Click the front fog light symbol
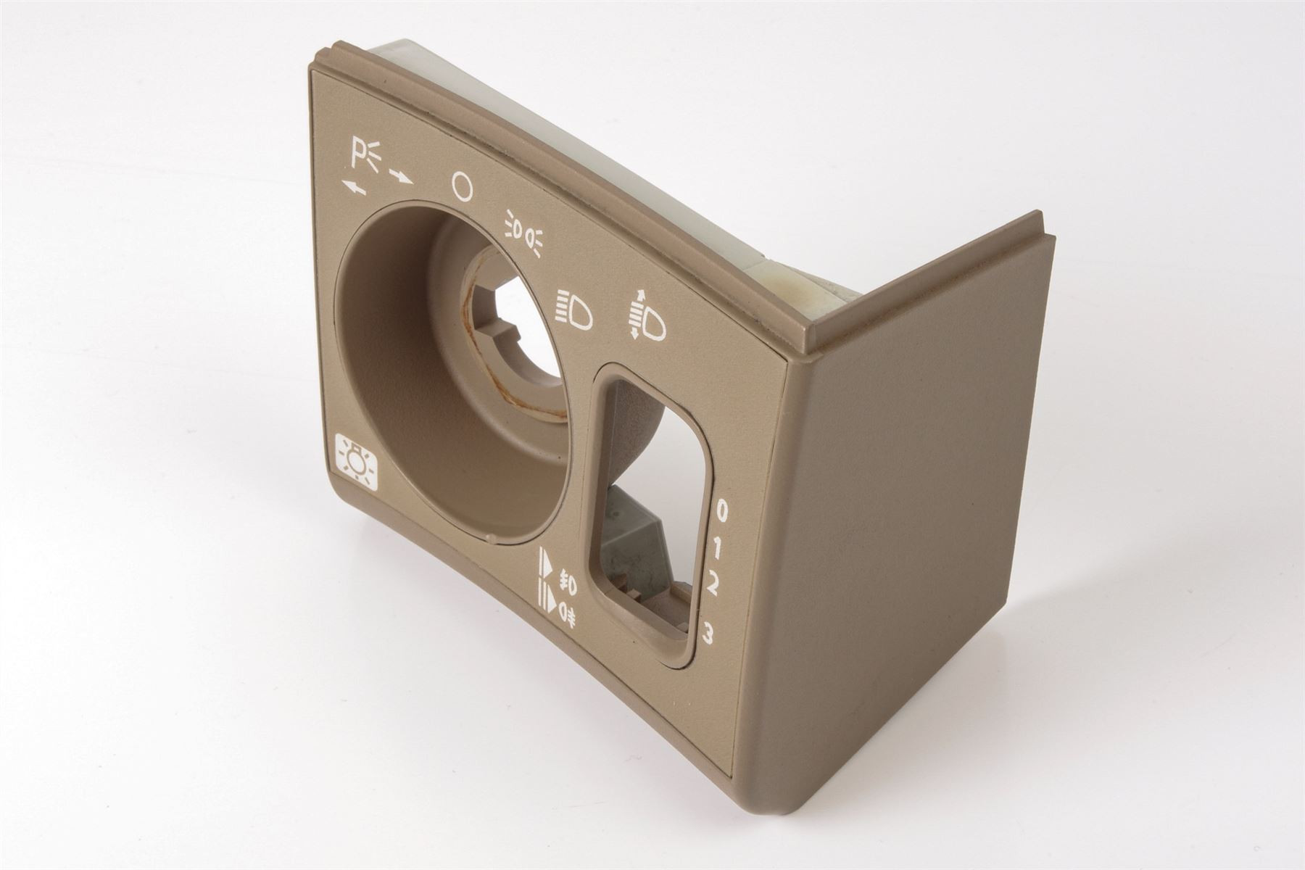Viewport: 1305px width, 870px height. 567,581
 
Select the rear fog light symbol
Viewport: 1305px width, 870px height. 566,618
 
